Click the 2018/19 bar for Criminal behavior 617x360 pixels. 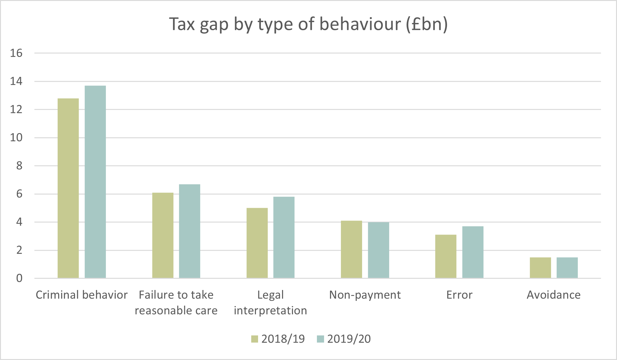[x=68, y=188]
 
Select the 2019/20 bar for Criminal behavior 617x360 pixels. [x=95, y=182]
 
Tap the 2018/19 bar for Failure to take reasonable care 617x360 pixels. [x=163, y=235]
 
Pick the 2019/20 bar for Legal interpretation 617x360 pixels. [x=284, y=237]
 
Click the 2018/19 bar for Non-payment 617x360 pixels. [x=351, y=249]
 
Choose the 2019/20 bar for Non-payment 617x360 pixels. [x=379, y=250]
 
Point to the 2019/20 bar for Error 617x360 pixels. [x=473, y=252]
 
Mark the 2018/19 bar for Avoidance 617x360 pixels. [x=540, y=268]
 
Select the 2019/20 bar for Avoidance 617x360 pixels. [x=567, y=268]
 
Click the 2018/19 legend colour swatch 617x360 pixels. [x=255, y=339]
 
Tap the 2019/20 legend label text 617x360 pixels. [x=349, y=339]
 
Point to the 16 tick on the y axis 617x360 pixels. [x=16, y=53]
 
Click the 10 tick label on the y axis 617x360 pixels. [x=16, y=138]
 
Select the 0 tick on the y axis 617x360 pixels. [x=19, y=278]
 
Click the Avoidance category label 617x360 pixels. [x=553, y=295]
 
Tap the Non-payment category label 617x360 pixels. [x=365, y=295]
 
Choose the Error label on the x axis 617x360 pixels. [x=459, y=295]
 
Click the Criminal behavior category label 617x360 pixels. [x=82, y=295]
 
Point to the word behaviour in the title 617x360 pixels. [x=360, y=24]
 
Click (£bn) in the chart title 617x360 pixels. [x=427, y=24]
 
